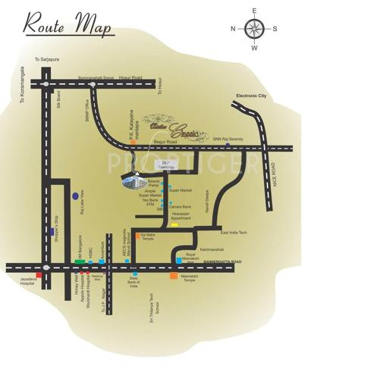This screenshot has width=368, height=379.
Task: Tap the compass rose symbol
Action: pos(255,29)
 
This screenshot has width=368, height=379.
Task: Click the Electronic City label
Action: pos(254,96)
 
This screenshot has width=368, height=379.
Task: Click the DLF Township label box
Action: pos(165,164)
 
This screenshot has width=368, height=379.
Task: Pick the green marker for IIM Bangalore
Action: pos(79,262)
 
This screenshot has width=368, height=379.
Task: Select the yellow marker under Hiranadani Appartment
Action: pos(175,225)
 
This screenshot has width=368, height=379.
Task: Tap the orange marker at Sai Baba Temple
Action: pos(137,236)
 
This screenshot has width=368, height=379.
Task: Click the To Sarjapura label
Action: pos(45,59)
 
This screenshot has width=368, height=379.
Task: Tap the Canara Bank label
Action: pos(183,206)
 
